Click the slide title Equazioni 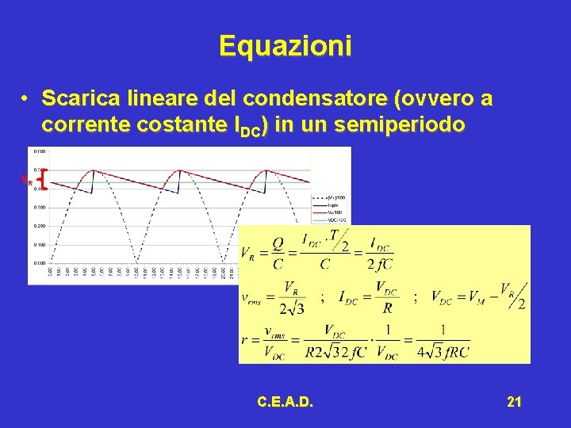click(285, 46)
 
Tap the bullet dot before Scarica click(26, 99)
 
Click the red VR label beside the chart click(26, 182)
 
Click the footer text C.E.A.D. click(285, 403)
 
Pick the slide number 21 click(514, 403)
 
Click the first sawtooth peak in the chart click(94, 170)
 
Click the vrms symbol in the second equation click(255, 299)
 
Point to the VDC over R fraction click(386, 297)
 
